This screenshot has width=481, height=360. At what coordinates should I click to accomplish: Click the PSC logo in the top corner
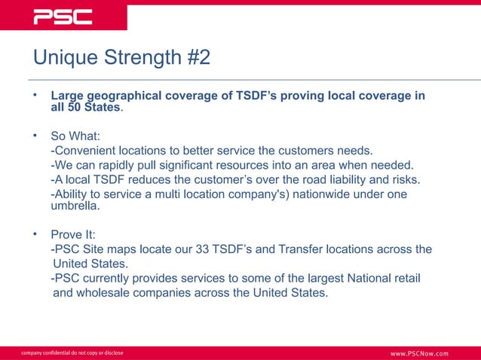tap(63, 17)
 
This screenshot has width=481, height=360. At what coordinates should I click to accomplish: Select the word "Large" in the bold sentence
tap(67, 96)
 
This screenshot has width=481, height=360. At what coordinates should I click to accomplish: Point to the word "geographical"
tap(123, 96)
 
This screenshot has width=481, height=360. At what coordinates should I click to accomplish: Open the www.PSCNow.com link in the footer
tap(418, 353)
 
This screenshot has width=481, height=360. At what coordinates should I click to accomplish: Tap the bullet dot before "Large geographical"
tap(34, 96)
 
